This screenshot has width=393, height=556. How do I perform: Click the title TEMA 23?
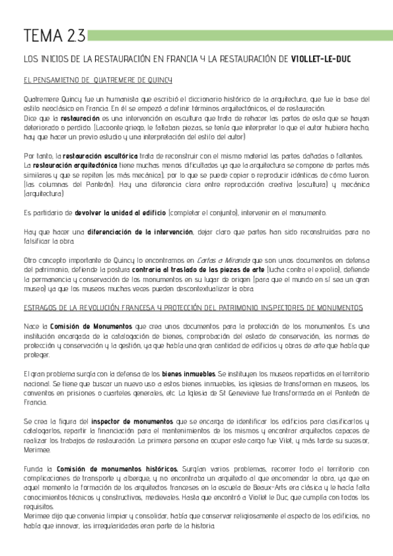[x=44, y=35]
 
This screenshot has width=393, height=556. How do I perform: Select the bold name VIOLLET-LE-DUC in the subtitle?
[x=321, y=59]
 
